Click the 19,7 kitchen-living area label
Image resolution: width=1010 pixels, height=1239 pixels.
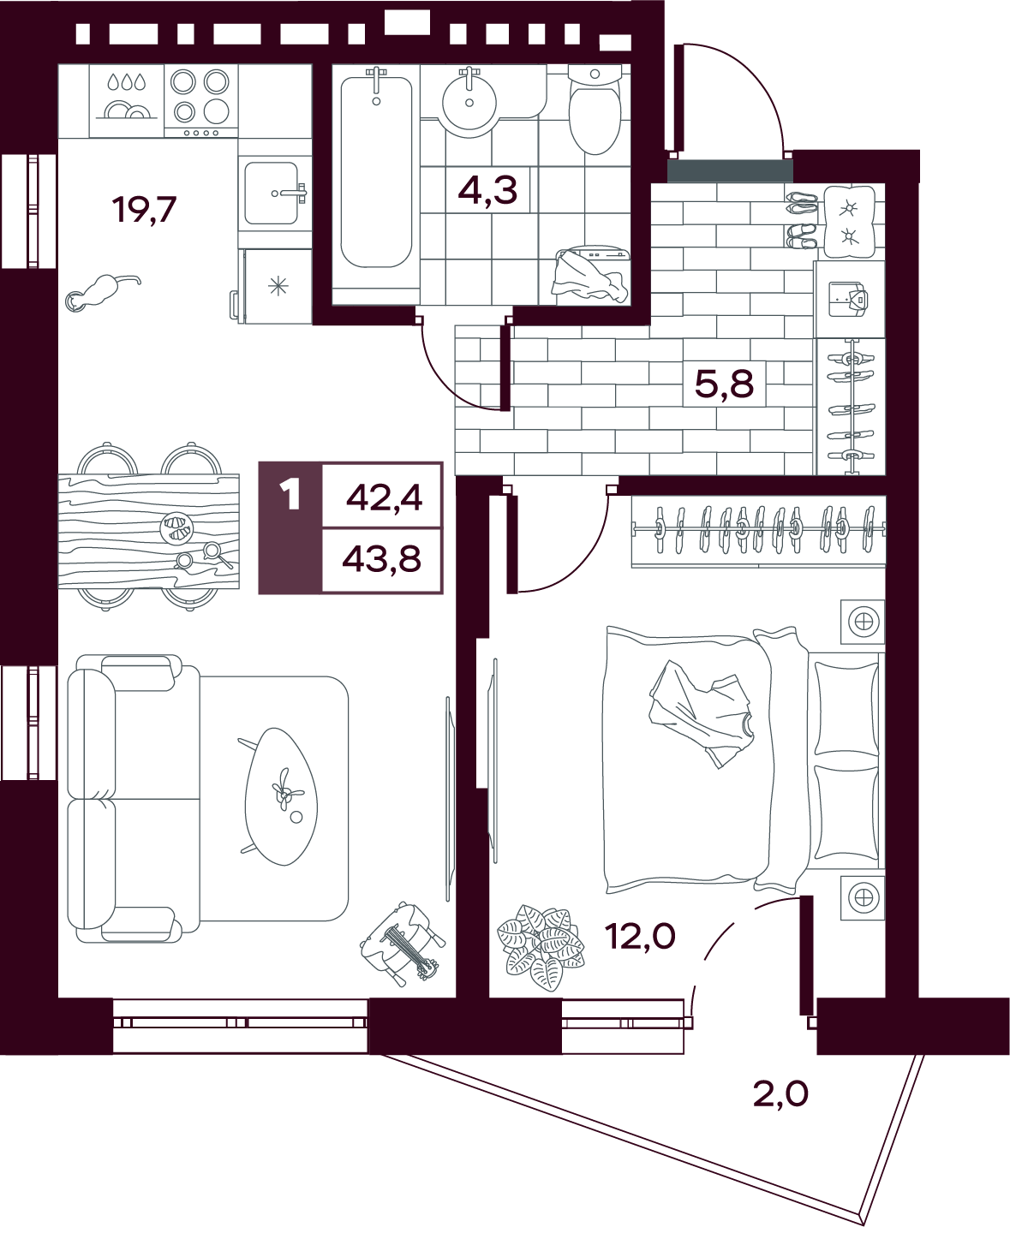144,210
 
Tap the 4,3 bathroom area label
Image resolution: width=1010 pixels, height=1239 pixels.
487,191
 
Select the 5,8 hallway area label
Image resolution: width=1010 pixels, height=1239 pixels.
725,384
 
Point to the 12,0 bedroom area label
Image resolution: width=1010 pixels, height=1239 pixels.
640,937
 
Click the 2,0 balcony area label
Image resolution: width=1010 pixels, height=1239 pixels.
780,1094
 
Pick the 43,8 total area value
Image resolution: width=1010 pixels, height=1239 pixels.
382,560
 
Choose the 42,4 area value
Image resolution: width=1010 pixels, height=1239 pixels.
384,498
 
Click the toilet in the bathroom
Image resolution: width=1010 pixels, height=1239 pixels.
595,110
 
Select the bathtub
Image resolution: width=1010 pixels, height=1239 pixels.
376,172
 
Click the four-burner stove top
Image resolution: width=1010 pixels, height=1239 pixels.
200,101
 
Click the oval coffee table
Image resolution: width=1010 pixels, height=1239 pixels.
282,797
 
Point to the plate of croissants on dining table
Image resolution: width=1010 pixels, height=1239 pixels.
176,527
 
